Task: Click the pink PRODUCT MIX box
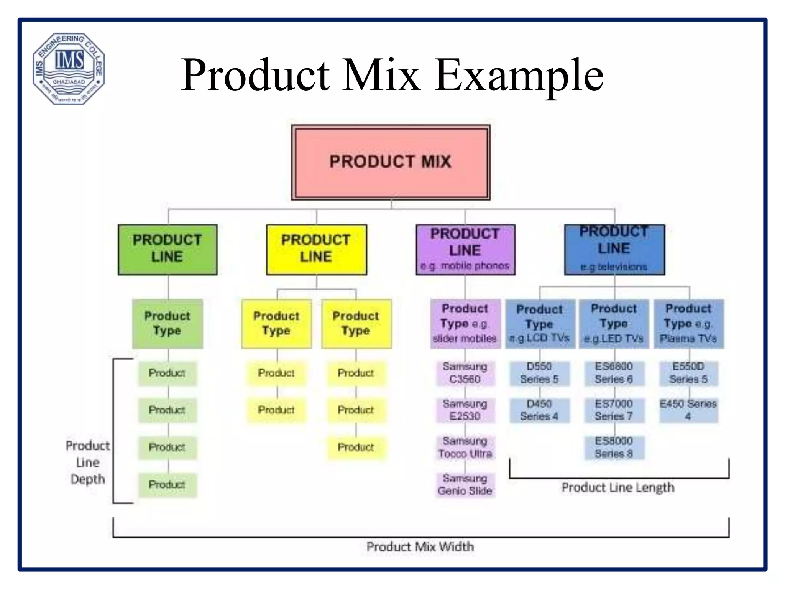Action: pos(390,162)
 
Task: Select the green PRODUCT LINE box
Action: pos(168,249)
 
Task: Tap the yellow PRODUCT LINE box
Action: pos(316,249)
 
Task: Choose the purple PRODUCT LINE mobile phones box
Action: pos(465,249)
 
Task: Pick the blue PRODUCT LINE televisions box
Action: pos(614,249)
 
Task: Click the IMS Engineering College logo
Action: pos(69,68)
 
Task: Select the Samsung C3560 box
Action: pos(465,373)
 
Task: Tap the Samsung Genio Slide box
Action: pos(465,485)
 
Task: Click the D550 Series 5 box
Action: pos(539,373)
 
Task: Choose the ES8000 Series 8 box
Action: pos(614,448)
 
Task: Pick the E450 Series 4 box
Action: pos(688,410)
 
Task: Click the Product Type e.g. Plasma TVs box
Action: pos(688,324)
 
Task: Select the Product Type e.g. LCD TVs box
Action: pos(540,324)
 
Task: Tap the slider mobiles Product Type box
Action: pos(465,324)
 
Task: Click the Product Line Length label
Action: pos(618,488)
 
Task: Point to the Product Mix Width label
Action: pos(420,547)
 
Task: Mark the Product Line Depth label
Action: pos(88,462)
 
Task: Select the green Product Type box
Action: pos(168,324)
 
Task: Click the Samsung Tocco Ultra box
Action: pos(465,448)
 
